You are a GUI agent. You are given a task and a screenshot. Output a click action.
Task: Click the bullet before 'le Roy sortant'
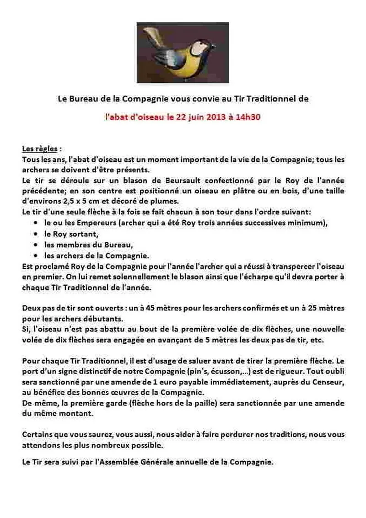[x=36, y=234]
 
